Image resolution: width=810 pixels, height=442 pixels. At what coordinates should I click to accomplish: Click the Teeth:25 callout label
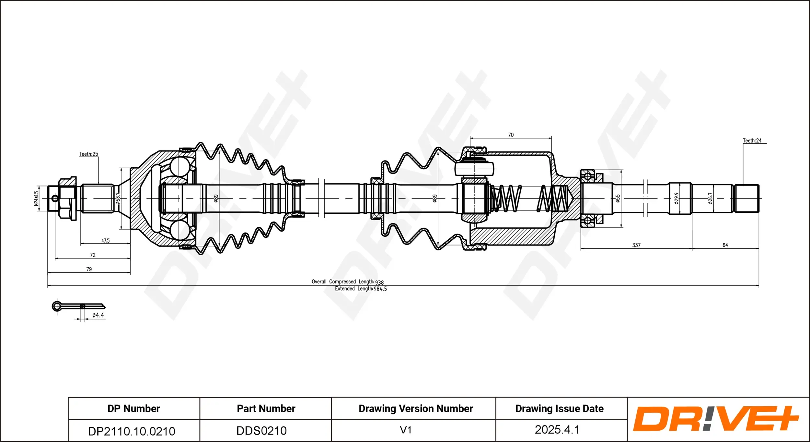[88, 154]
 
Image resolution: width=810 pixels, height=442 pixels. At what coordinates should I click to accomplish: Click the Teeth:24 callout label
[752, 140]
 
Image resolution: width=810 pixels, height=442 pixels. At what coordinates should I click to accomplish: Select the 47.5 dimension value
[105, 241]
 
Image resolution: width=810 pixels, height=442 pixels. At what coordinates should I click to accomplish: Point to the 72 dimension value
[93, 255]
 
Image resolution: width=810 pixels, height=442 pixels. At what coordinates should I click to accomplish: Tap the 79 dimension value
[89, 269]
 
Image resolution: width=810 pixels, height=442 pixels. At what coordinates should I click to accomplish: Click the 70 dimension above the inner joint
[511, 135]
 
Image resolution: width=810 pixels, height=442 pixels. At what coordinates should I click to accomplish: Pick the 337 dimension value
[636, 245]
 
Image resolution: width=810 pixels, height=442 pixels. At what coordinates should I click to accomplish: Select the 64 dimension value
[725, 245]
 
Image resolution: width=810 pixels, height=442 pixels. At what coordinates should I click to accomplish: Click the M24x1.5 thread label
[36, 198]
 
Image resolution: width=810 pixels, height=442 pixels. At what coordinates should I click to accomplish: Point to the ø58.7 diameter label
[118, 198]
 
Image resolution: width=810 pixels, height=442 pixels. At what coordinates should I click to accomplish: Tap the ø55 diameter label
[618, 198]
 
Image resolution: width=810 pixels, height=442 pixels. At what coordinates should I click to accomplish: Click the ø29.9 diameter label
[676, 198]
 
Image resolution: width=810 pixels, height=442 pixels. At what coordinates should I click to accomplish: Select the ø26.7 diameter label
[710, 198]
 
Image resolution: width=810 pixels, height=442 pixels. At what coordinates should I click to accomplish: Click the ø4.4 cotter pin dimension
[98, 315]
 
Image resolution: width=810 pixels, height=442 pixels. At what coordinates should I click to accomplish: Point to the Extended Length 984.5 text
[361, 289]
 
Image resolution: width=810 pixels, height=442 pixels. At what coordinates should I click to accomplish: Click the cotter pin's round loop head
[57, 306]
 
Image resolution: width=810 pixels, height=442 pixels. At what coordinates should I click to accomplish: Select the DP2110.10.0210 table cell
[132, 431]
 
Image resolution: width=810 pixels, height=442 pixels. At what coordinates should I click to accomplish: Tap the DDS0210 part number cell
[261, 431]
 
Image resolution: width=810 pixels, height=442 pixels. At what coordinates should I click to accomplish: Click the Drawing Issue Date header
[559, 409]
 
